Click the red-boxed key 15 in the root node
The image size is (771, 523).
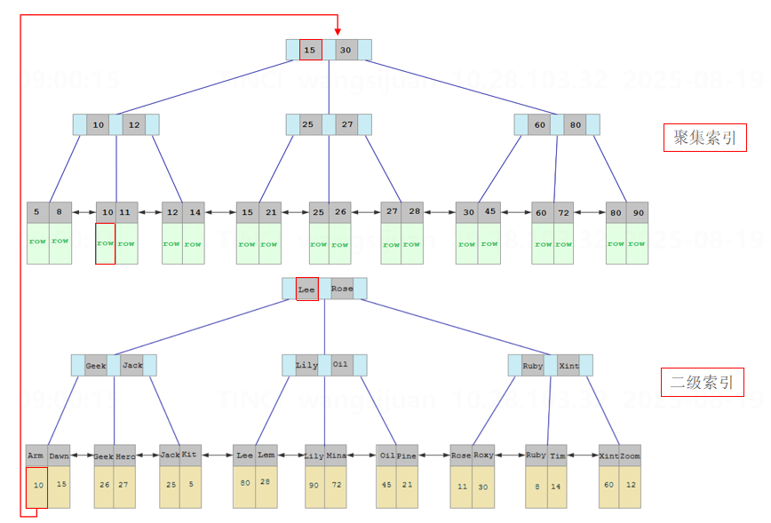(310, 50)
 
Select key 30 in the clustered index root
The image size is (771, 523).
(346, 50)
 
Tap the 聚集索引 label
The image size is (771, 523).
(703, 138)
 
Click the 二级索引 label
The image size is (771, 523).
(702, 383)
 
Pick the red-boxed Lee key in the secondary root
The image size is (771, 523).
(306, 289)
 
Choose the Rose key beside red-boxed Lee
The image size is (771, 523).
(342, 289)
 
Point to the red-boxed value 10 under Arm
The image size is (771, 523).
(37, 486)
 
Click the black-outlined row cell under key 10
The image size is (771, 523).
(106, 243)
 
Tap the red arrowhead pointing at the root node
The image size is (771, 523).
(338, 31)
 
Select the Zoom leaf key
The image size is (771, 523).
(630, 455)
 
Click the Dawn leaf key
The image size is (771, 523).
(59, 456)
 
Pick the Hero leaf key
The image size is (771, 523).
(125, 456)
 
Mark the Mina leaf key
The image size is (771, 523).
(336, 456)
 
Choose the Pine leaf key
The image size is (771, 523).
(407, 456)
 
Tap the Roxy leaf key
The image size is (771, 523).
(482, 456)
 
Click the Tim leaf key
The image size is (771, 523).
(558, 456)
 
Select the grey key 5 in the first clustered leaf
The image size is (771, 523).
(36, 212)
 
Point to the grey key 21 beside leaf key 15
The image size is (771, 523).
(270, 212)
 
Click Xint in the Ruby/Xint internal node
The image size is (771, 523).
(569, 365)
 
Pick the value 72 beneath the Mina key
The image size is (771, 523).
(335, 486)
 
